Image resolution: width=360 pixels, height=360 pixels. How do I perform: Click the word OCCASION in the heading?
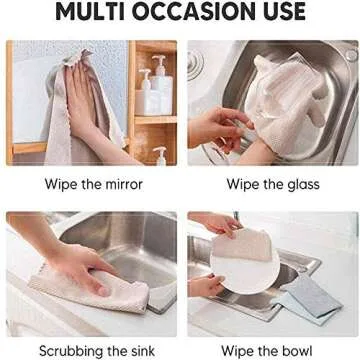pyautogui.click(x=195, y=13)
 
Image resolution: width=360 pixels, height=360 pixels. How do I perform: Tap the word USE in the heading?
pyautogui.click(x=282, y=13)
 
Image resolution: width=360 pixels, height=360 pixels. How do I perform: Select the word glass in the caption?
pyautogui.click(x=301, y=184)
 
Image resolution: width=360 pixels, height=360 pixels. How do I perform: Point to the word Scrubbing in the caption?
pyautogui.click(x=74, y=351)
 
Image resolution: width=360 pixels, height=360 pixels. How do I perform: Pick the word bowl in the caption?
pyautogui.click(x=301, y=351)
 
